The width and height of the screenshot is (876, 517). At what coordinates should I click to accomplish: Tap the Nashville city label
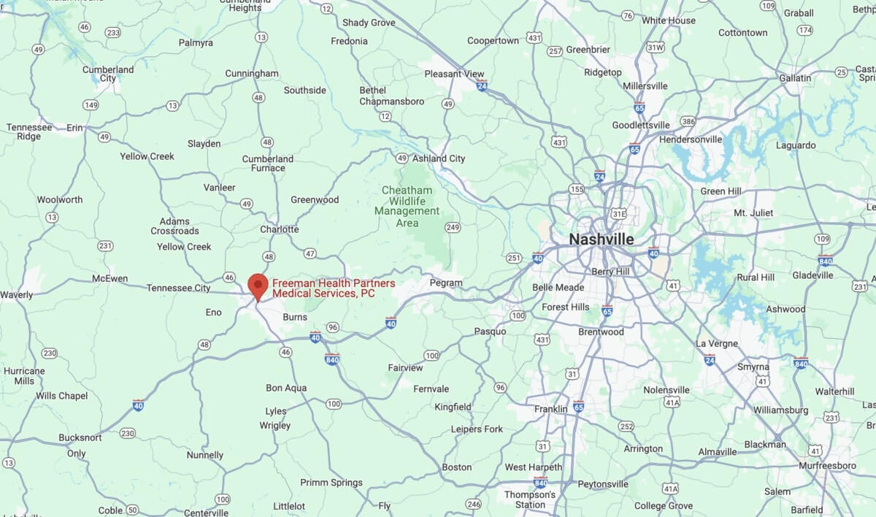602,240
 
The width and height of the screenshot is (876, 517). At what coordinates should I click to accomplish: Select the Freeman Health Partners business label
333,288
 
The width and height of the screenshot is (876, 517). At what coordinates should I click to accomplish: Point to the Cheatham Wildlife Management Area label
407,206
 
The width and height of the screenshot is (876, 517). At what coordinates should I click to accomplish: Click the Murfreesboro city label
827,465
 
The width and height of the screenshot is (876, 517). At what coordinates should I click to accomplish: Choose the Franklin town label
550,409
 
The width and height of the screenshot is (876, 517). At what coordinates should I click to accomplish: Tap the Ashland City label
439,158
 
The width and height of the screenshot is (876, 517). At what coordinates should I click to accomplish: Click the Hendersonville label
690,139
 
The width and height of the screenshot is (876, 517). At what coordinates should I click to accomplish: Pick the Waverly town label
17,295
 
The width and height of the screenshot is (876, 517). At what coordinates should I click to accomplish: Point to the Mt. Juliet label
753,212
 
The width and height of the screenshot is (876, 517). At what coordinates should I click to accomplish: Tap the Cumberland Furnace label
268,163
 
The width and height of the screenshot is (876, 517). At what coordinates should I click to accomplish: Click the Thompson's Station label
530,499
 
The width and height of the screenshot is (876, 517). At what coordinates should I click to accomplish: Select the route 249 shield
453,227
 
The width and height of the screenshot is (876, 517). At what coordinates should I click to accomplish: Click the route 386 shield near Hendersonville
688,121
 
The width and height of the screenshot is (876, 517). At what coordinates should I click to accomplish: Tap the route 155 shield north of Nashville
577,189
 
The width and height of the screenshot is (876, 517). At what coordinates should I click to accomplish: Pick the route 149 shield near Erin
91,105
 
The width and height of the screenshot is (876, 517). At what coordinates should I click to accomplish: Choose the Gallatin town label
794,77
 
